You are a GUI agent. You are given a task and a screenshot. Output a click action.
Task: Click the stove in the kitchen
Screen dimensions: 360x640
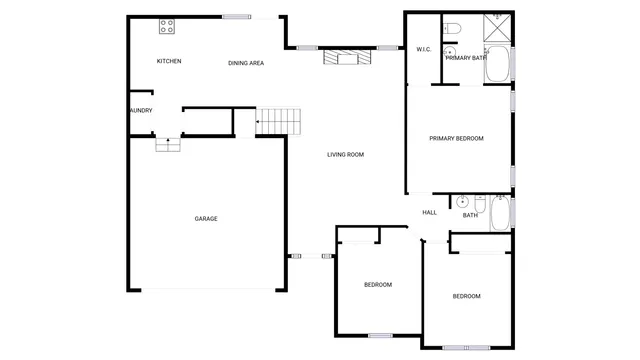[166, 26]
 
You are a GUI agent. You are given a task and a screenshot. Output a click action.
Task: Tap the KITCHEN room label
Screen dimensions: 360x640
[169, 62]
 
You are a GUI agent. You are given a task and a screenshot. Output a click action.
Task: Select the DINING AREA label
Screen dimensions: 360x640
[246, 63]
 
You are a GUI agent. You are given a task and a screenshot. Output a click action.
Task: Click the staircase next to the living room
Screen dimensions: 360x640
[279, 122]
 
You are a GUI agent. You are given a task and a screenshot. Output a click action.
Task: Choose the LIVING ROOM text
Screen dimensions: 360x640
[345, 154]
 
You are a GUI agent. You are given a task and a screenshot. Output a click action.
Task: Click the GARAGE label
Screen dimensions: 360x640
[206, 218]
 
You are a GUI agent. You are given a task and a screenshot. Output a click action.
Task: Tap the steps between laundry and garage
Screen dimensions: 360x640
[168, 146]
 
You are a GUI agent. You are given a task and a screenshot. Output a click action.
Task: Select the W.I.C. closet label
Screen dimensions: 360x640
[423, 49]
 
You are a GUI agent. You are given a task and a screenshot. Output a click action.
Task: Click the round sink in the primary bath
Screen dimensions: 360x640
[449, 51]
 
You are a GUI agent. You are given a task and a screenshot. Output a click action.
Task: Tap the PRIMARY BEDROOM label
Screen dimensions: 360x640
[456, 138]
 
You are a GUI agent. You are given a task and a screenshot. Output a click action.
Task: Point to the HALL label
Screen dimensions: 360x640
[429, 212]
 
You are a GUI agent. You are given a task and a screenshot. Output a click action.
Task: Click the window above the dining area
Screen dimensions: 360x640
[237, 16]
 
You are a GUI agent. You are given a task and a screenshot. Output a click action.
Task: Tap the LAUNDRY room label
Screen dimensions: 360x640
[140, 110]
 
